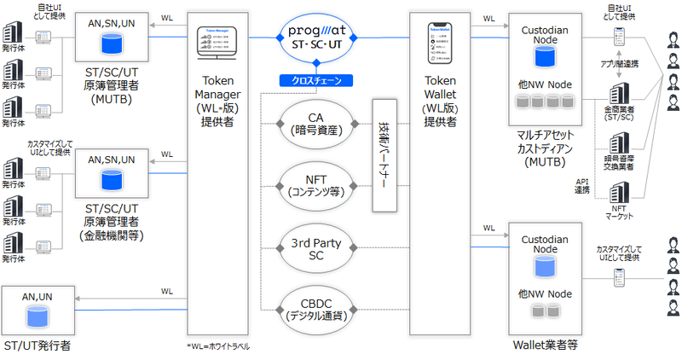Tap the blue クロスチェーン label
(316, 81)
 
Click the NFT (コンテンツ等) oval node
(316, 184)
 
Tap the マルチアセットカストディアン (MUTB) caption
(546, 146)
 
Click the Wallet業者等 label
(546, 345)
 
